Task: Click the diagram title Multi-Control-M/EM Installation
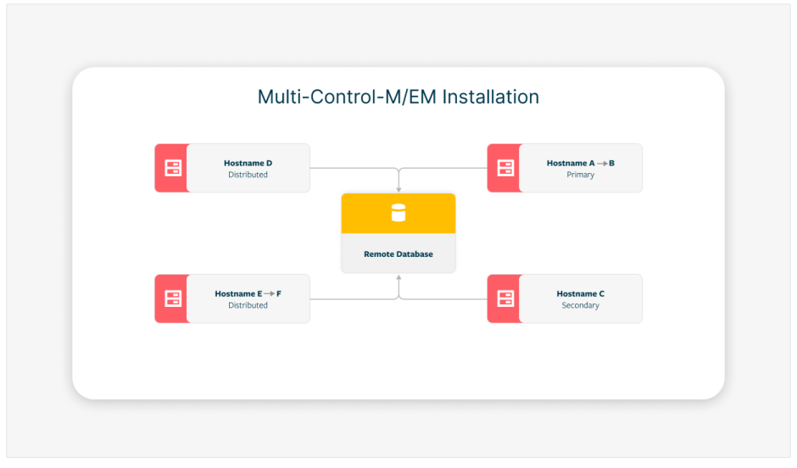[398, 97]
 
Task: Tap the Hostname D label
[248, 163]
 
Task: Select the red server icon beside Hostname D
[173, 168]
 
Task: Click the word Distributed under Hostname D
[248, 175]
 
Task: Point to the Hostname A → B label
[580, 163]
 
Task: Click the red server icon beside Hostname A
[505, 168]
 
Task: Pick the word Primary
[580, 175]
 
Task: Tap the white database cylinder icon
[398, 213]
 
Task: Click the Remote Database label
[398, 254]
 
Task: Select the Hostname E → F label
[248, 293]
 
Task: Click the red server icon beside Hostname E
[173, 298]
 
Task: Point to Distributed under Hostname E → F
[248, 305]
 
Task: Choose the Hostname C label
[580, 293]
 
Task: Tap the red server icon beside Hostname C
[505, 298]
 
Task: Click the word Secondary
[580, 305]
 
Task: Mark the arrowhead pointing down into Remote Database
[398, 188]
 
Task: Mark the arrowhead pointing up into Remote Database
[398, 277]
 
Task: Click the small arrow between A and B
[602, 163]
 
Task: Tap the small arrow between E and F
[269, 293]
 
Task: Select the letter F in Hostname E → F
[279, 293]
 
